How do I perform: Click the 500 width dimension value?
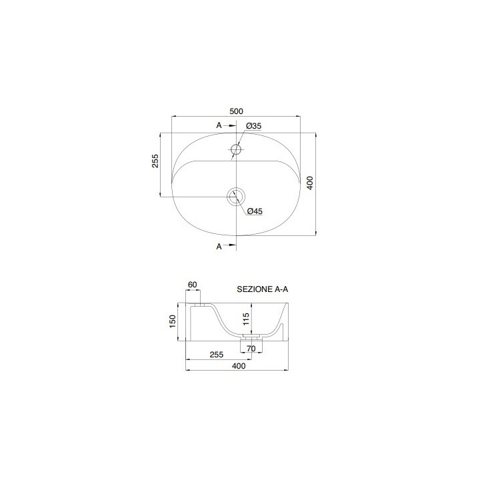click(x=235, y=111)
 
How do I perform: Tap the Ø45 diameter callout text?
click(x=254, y=211)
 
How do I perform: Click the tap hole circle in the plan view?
click(x=235, y=149)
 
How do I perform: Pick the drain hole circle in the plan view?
click(x=235, y=196)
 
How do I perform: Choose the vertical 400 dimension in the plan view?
click(x=310, y=183)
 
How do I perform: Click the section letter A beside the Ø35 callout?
click(x=218, y=125)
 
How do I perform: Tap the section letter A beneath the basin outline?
click(x=218, y=247)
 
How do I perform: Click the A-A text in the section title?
click(x=285, y=290)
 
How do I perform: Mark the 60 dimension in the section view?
click(x=193, y=285)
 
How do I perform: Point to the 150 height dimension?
click(x=173, y=321)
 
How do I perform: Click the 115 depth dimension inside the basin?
click(x=245, y=319)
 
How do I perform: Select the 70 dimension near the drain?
click(x=251, y=347)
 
